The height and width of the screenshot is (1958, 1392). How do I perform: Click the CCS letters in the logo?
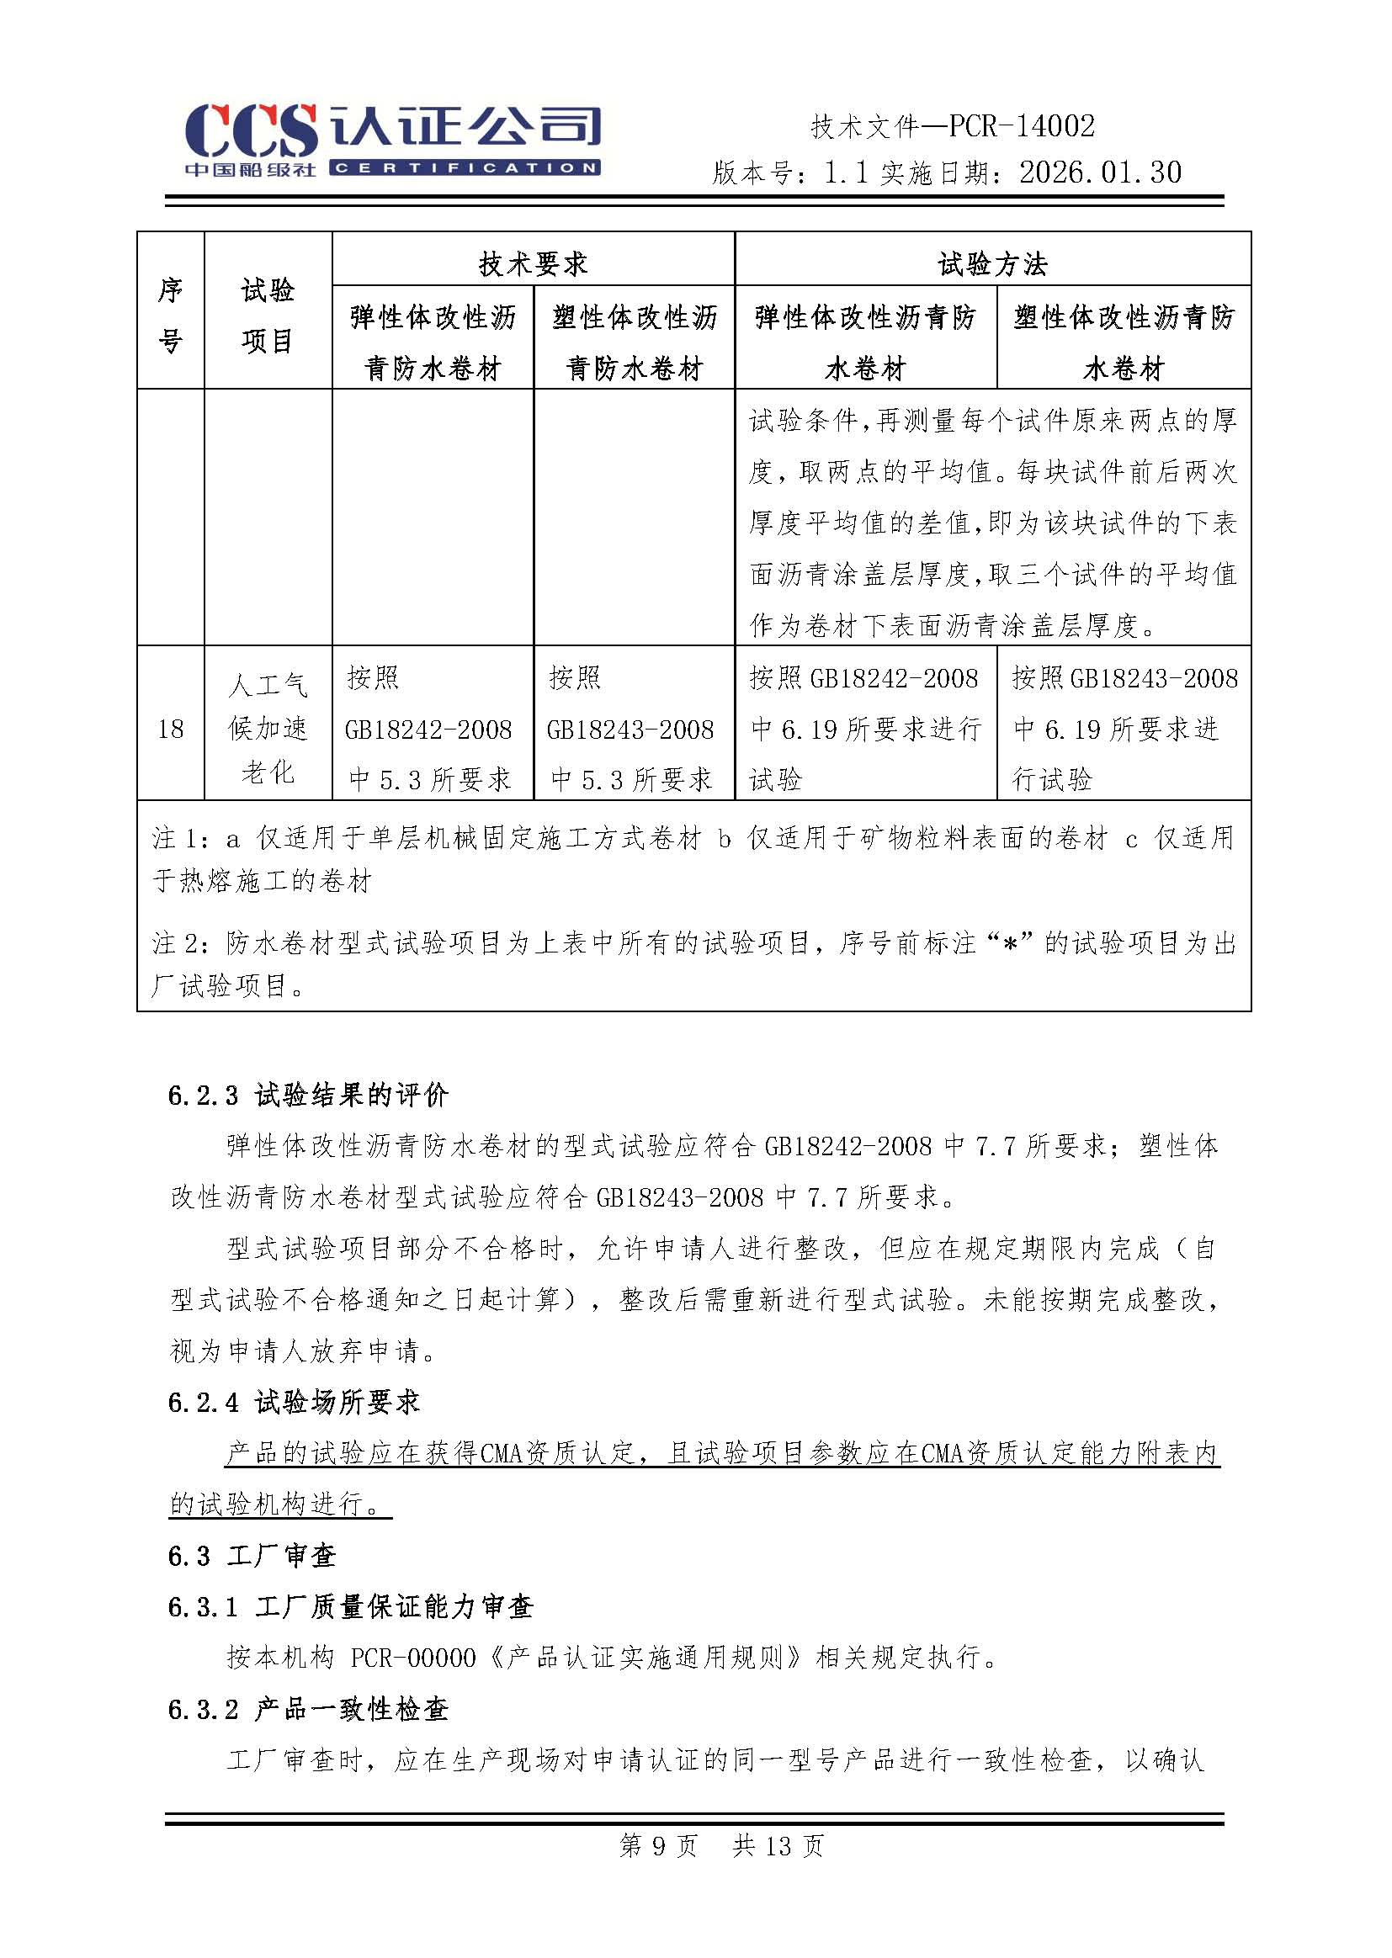click(x=250, y=130)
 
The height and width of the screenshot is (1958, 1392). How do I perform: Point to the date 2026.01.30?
click(x=1101, y=173)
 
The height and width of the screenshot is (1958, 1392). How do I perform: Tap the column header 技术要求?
click(x=533, y=264)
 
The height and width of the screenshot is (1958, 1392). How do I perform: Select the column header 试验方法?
click(x=992, y=264)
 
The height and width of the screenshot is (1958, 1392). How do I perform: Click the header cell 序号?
click(x=171, y=315)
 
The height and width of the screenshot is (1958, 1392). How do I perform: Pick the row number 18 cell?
click(x=171, y=729)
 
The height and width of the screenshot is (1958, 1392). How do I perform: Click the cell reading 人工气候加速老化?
click(x=268, y=729)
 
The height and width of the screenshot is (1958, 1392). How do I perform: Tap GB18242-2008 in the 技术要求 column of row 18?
click(x=428, y=730)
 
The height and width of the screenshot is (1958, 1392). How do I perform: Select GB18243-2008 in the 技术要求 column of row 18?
click(x=630, y=730)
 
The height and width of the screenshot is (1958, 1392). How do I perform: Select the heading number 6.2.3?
click(x=203, y=1095)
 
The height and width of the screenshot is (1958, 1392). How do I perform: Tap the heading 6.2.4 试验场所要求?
click(x=294, y=1402)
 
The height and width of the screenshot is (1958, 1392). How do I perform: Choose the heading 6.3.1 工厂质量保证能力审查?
click(x=351, y=1606)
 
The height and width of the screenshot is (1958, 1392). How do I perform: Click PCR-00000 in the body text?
click(x=413, y=1658)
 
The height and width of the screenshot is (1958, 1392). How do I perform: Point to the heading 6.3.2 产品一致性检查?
click(x=308, y=1709)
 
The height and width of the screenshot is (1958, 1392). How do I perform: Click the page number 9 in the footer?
click(x=658, y=1846)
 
